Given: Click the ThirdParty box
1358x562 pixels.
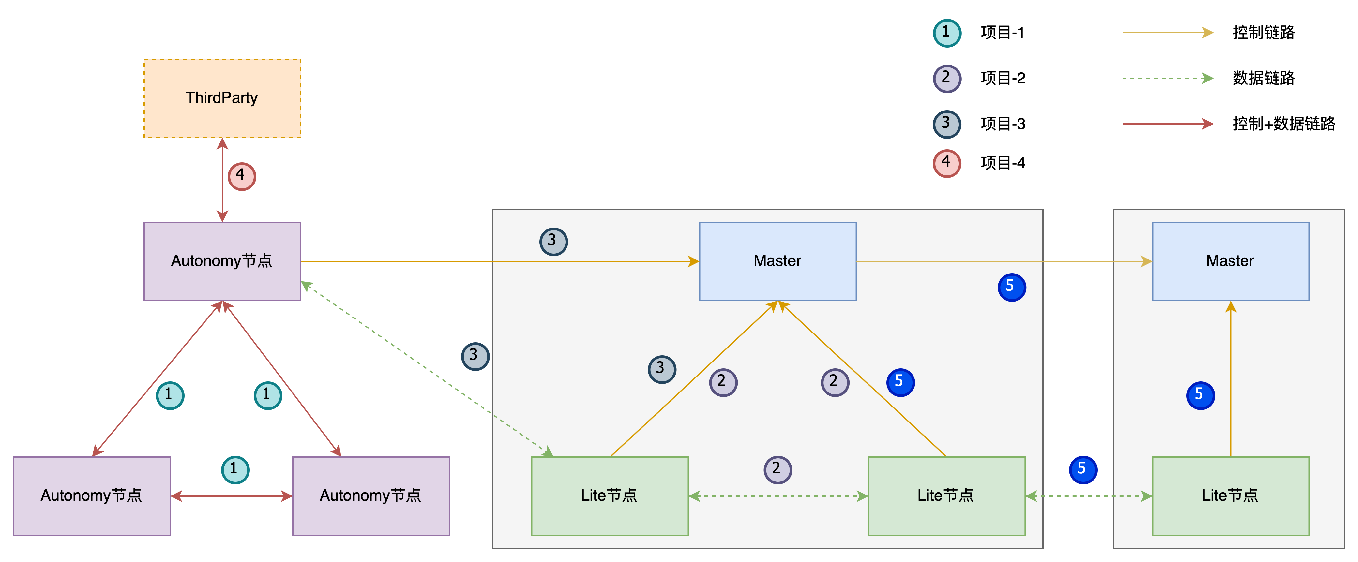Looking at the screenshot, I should click(x=222, y=98).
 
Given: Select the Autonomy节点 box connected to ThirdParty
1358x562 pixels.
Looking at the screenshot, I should click(x=222, y=261).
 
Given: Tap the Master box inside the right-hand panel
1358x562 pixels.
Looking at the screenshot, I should click(x=1230, y=261).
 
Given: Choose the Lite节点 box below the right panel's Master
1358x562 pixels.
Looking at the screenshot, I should click(x=1230, y=495).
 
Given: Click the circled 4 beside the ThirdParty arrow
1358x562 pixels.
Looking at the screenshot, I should click(x=241, y=176).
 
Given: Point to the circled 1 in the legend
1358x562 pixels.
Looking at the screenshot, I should click(x=947, y=33).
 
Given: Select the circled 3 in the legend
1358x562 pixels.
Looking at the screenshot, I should click(x=947, y=124).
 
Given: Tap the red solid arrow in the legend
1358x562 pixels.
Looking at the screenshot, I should click(x=1167, y=124).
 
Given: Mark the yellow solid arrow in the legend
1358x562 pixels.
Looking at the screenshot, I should click(x=1167, y=33).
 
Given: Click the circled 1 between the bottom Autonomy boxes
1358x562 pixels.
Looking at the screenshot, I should click(x=235, y=469).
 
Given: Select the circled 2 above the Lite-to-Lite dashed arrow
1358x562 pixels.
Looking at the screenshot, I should click(x=777, y=469).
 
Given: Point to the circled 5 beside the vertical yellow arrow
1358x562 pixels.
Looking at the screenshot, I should click(x=1200, y=395).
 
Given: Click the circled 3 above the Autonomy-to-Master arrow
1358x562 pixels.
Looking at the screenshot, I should click(x=553, y=242).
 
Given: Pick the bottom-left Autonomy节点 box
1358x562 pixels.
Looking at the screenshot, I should click(x=92, y=495).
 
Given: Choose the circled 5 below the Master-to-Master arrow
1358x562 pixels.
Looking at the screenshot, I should click(x=1012, y=287).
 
